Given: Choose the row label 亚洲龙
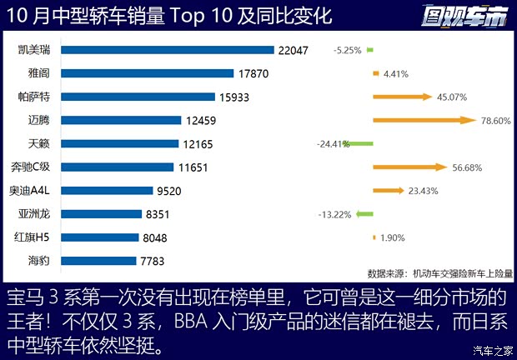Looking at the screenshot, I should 34,214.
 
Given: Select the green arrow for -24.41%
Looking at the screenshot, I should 361,143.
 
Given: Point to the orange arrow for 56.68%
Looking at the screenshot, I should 409,167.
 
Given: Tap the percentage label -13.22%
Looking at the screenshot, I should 334,214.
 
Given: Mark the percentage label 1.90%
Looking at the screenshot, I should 393,237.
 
